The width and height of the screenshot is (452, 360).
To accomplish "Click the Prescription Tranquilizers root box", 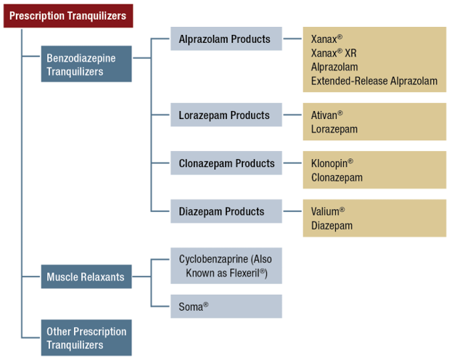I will tap(67, 15).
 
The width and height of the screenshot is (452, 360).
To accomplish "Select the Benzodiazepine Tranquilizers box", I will tap(86, 65).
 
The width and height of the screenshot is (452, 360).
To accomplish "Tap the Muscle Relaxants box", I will tap(86, 277).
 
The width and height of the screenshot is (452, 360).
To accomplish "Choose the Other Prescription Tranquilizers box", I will tap(86, 338).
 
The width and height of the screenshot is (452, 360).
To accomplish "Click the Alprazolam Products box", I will tap(226, 39).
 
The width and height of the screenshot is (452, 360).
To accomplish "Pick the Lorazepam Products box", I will tap(226, 115).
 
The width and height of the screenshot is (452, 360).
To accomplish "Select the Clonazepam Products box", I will tap(226, 163).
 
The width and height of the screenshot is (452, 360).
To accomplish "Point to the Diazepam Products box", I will tap(226, 211).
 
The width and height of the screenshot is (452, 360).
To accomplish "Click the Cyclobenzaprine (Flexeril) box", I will tap(226, 266).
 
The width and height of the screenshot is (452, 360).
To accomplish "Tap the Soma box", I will tap(226, 306).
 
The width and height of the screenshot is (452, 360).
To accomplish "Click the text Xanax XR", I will tap(334, 53).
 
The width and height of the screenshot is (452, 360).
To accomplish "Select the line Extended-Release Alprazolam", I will tap(374, 81).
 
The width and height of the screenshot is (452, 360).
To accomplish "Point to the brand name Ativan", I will tap(326, 115).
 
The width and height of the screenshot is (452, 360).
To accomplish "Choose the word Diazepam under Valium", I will tap(332, 226).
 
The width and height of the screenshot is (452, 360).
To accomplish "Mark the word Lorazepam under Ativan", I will tap(334, 129).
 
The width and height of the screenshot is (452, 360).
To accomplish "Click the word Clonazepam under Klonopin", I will tap(337, 177).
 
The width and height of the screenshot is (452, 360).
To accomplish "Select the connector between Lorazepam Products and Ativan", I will tap(292, 115).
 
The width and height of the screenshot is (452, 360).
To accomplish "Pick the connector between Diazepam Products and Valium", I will tap(292, 211).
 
